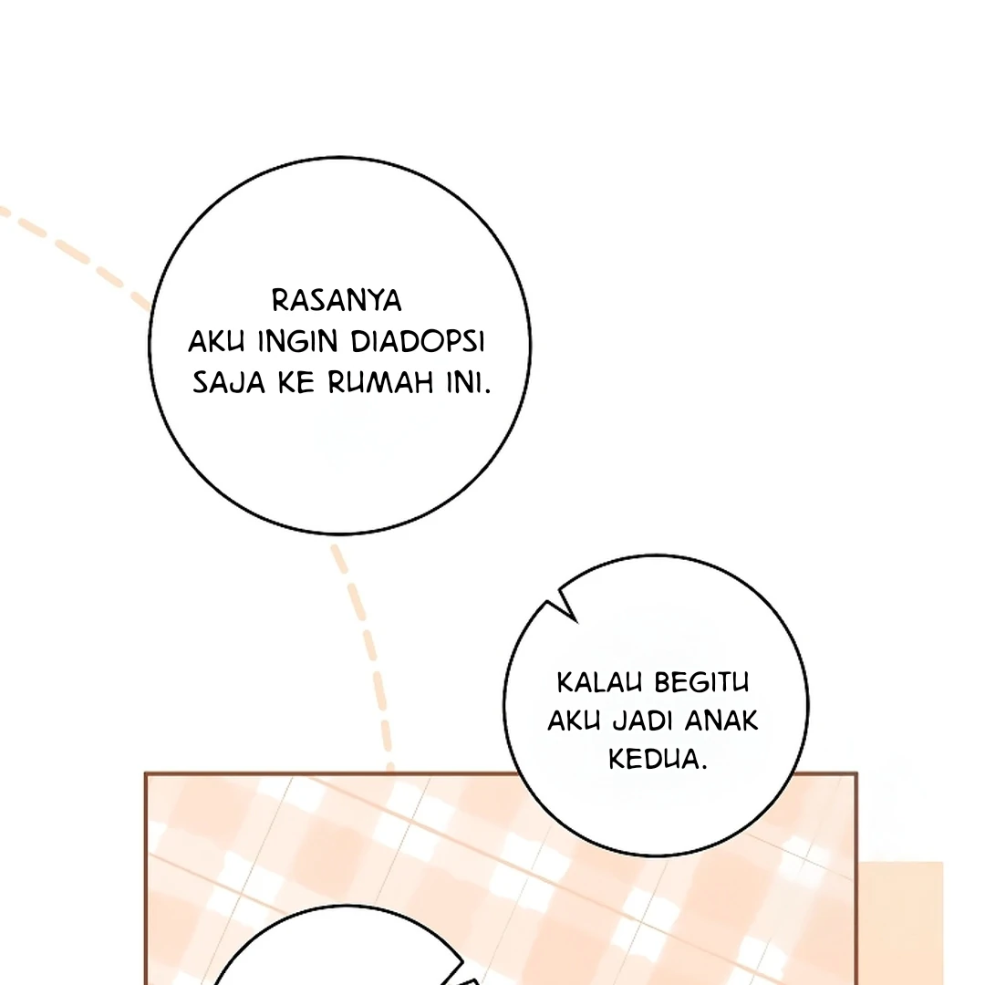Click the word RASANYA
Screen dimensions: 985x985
(x=336, y=300)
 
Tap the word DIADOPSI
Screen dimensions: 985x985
(x=417, y=342)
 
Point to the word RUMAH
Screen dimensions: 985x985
(x=380, y=382)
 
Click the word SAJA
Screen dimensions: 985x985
(x=229, y=382)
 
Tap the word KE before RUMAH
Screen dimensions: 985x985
(x=295, y=382)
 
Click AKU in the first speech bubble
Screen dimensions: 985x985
(x=216, y=342)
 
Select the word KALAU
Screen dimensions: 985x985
(x=599, y=683)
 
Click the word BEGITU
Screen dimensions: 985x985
(x=701, y=683)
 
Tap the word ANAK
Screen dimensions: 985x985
(x=721, y=721)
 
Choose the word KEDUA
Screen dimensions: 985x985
(x=653, y=759)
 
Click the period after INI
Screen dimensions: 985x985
(x=487, y=391)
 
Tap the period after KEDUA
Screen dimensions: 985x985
(x=703, y=767)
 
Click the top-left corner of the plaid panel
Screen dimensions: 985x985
(x=146, y=773)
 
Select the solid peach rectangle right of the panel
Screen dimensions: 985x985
(x=900, y=923)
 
